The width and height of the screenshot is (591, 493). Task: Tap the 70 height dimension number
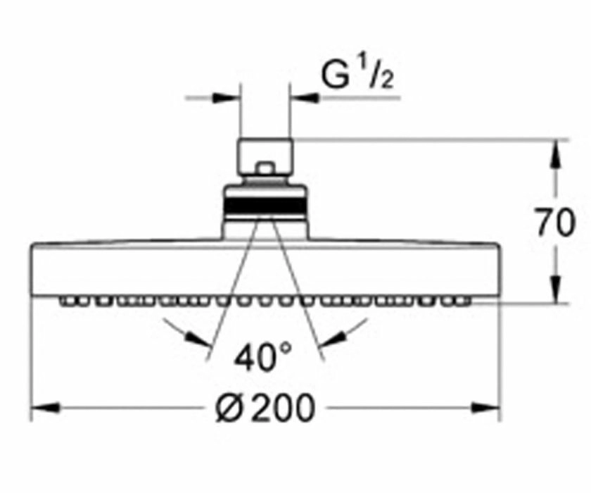coord(556,222)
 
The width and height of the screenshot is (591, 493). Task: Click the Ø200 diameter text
coord(265,408)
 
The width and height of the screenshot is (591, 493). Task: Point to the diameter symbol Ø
coord(229,408)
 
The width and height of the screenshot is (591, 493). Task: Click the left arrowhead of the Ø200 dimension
coord(45,408)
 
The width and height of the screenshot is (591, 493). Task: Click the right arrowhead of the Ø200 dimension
coord(486,408)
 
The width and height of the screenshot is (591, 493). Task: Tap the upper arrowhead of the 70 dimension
coord(557,154)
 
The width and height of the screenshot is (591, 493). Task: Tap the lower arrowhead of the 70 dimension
coord(557,289)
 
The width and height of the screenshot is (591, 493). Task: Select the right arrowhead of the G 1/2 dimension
coord(305,98)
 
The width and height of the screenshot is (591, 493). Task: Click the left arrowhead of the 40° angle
coord(198,339)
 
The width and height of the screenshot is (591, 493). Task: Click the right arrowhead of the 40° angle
coord(332,339)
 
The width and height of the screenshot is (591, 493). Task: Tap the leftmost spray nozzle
coord(67,301)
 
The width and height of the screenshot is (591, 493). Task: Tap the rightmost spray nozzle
coord(464,301)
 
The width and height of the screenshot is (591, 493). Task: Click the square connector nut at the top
coord(265,158)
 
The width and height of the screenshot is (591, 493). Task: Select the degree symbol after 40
coord(286,347)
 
